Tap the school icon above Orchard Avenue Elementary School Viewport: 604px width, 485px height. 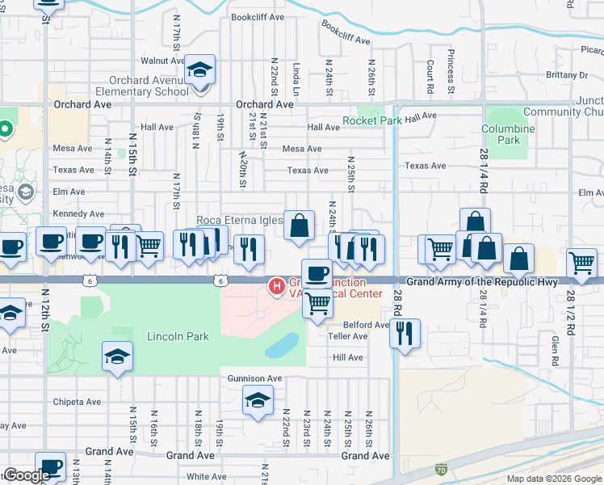[x=199, y=70]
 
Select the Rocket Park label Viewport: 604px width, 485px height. [x=372, y=121]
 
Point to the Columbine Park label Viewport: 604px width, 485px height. [x=508, y=134]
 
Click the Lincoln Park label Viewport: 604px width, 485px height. [x=178, y=336]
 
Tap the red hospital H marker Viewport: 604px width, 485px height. [x=277, y=285]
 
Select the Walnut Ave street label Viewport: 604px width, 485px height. [x=158, y=61]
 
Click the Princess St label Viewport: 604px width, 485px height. [x=451, y=74]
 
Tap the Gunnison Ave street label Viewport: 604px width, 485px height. [x=254, y=378]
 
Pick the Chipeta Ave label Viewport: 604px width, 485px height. [x=77, y=402]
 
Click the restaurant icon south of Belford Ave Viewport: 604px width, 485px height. [x=404, y=332]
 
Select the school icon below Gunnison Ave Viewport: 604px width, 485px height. [x=258, y=400]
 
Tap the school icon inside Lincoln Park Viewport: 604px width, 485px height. [x=117, y=356]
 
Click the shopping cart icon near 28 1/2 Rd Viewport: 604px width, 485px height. [x=581, y=262]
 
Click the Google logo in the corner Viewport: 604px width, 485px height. [x=27, y=475]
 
